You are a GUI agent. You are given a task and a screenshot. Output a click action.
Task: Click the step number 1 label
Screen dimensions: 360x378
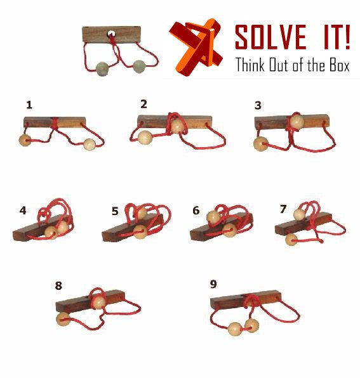click(x=29, y=105)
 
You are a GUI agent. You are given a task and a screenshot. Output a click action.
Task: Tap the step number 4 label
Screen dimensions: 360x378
click(x=23, y=211)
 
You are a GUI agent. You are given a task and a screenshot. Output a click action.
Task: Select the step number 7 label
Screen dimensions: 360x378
click(x=283, y=209)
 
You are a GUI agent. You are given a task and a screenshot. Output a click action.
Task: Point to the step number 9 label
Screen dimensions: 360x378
click(x=213, y=284)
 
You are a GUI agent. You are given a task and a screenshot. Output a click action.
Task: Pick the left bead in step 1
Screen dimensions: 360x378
click(x=25, y=141)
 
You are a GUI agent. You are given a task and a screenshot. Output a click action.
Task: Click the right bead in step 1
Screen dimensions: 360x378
click(x=90, y=145)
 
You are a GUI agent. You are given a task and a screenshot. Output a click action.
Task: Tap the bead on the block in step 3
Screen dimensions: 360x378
click(x=297, y=121)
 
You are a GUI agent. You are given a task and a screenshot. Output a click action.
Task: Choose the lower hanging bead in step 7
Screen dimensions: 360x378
click(x=291, y=240)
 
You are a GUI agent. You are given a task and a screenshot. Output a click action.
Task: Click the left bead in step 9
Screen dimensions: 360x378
click(x=235, y=329)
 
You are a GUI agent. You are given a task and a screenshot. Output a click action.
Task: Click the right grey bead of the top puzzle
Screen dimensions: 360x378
click(x=139, y=67)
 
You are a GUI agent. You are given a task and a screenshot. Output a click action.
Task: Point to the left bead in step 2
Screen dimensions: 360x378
click(x=145, y=138)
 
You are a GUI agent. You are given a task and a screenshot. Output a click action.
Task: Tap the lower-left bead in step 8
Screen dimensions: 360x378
click(x=63, y=319)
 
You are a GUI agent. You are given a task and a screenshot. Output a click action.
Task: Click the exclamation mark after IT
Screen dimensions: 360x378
click(x=347, y=37)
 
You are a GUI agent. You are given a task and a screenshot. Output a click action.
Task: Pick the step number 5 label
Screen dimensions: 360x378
click(x=115, y=211)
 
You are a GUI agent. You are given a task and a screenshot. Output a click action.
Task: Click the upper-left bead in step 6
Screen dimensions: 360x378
click(x=213, y=217)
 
